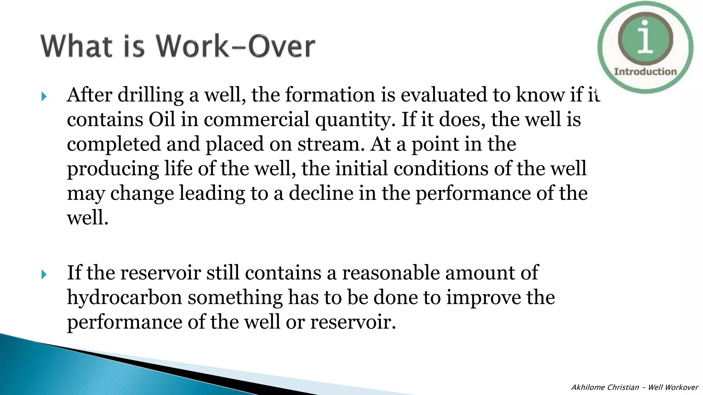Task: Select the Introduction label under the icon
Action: click(645, 72)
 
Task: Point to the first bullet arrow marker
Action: click(44, 97)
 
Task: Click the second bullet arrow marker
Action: click(44, 274)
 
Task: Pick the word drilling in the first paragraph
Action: click(150, 95)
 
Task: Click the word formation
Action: click(330, 95)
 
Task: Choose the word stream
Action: click(331, 144)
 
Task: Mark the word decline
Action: click(321, 193)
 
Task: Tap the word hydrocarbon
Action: click(124, 297)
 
